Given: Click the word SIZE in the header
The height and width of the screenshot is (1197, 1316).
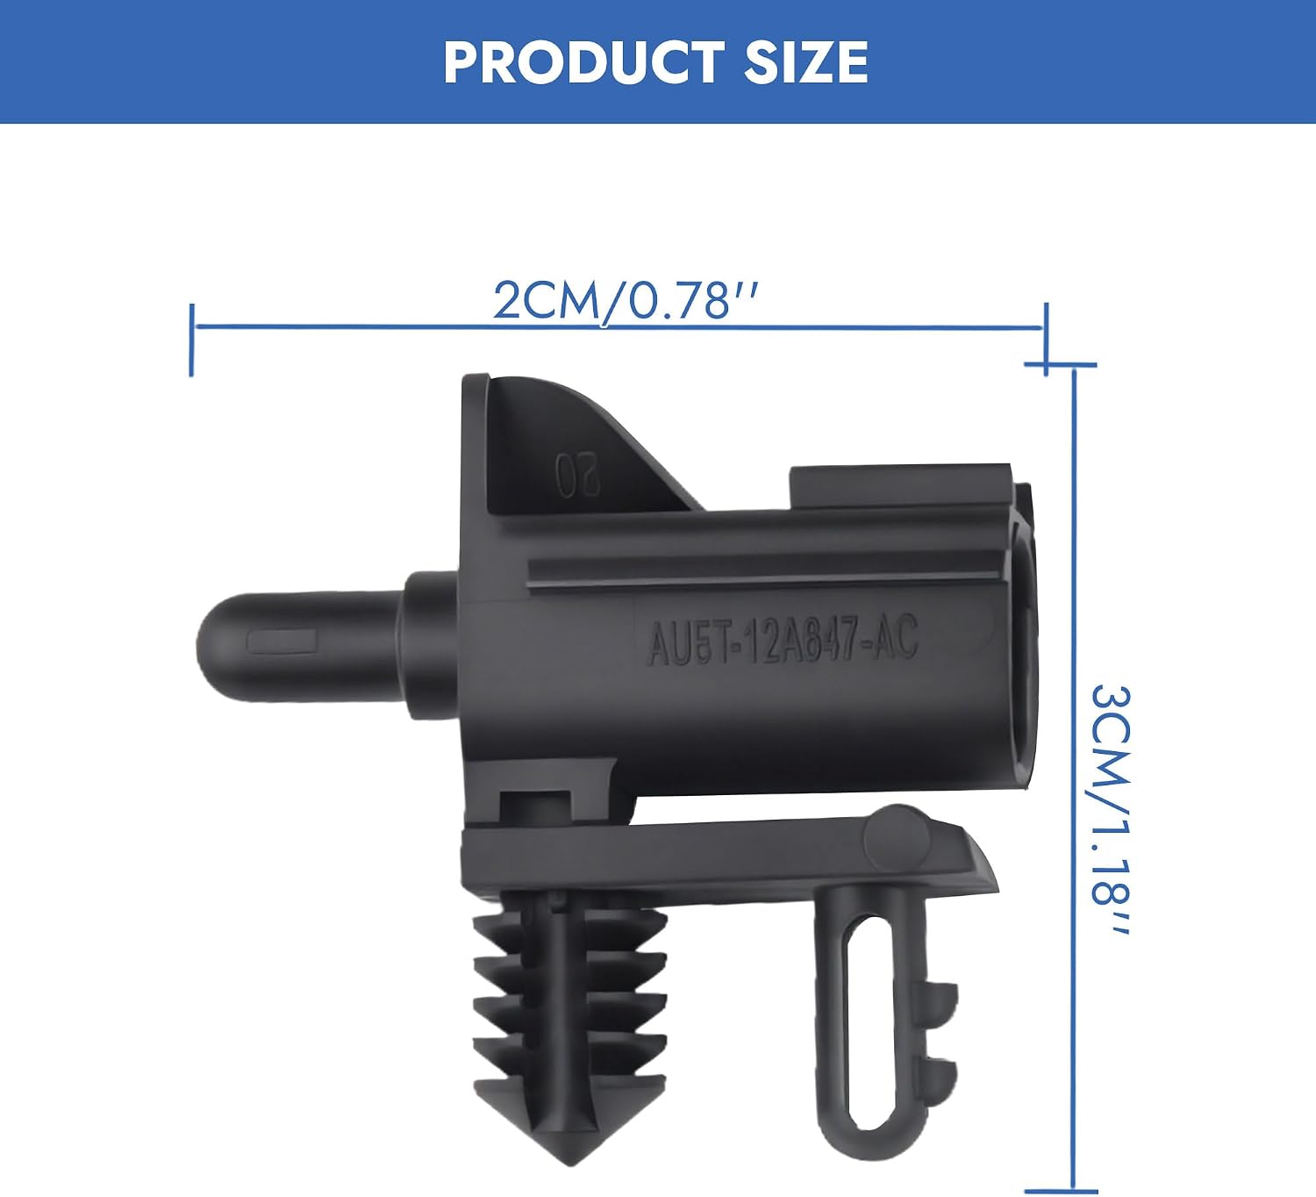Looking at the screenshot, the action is click(806, 62).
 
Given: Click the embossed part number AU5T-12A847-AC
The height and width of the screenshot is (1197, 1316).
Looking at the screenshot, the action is click(782, 640).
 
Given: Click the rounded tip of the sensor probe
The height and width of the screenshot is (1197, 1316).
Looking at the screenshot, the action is click(210, 647).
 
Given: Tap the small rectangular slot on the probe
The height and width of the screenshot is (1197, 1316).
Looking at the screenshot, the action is click(282, 642).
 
